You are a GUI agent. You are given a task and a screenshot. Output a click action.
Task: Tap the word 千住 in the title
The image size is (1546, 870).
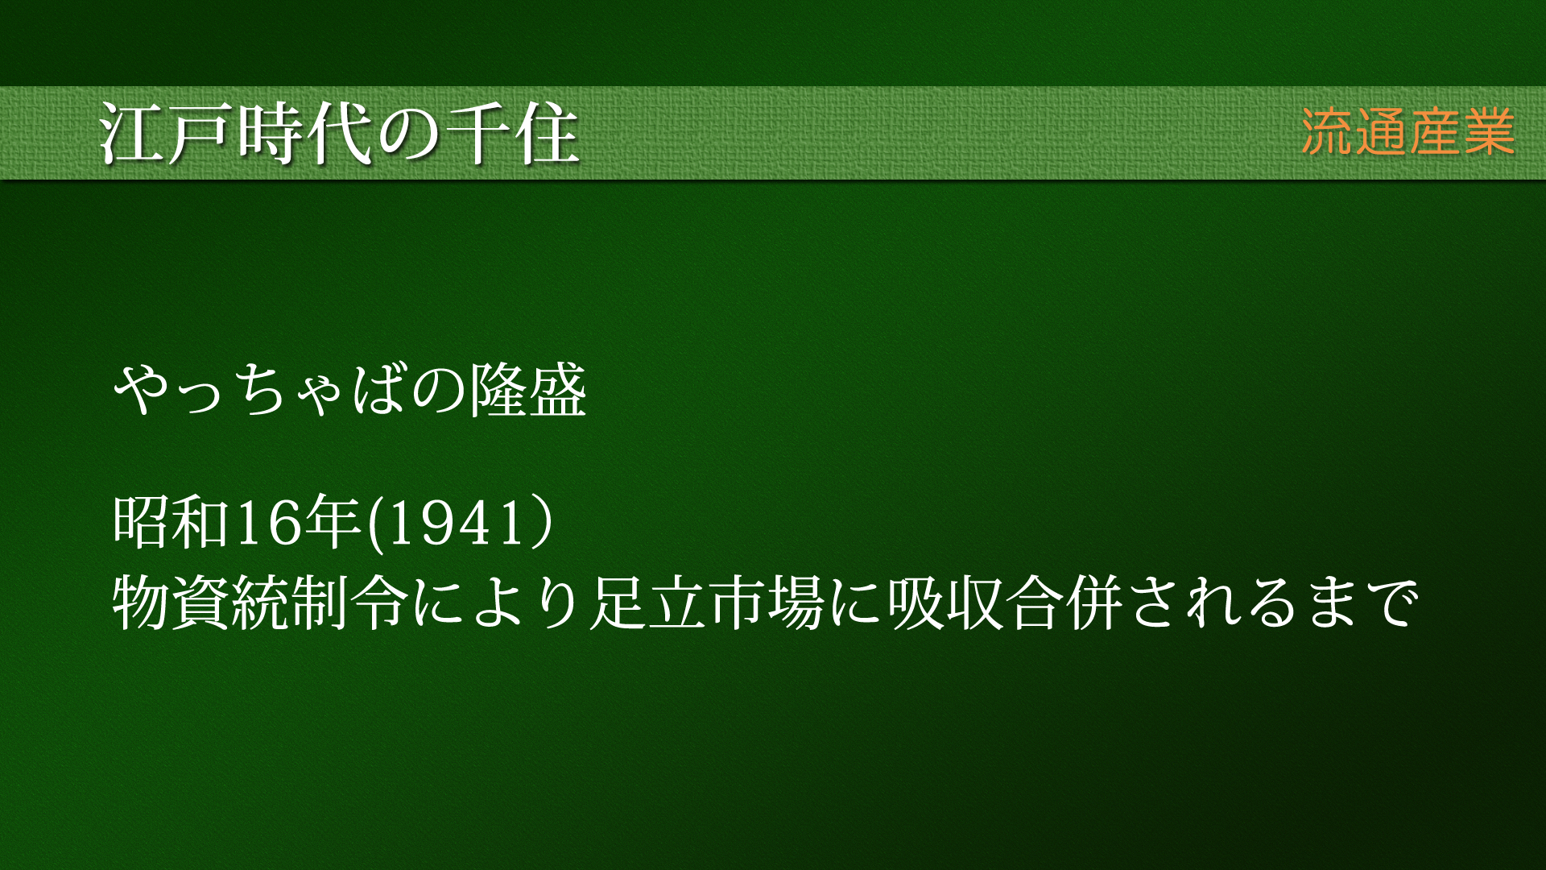pyautogui.click(x=511, y=134)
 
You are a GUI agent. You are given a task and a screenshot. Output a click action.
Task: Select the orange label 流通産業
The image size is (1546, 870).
pyautogui.click(x=1408, y=132)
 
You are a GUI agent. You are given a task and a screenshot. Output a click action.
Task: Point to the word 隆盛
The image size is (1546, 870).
pyautogui.click(x=527, y=391)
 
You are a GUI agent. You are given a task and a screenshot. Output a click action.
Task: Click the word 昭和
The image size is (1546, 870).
pyautogui.click(x=172, y=522)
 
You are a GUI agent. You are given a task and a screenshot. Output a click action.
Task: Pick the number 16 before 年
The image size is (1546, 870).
pyautogui.click(x=267, y=522)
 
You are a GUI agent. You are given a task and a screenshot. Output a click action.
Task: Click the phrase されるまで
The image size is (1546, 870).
pyautogui.click(x=1272, y=603)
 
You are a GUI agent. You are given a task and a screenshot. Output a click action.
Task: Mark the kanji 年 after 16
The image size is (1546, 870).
pyautogui.click(x=333, y=522)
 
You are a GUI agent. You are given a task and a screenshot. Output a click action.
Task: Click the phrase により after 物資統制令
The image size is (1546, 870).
pyautogui.click(x=496, y=603)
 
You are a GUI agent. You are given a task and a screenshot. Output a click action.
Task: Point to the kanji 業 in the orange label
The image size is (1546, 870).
pyautogui.click(x=1490, y=132)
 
